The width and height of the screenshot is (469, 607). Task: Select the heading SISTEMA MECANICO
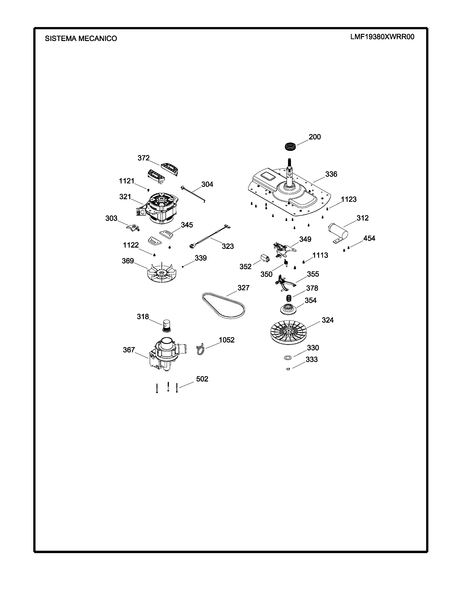(x=81, y=39)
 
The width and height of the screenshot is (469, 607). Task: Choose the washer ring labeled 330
(x=288, y=357)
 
